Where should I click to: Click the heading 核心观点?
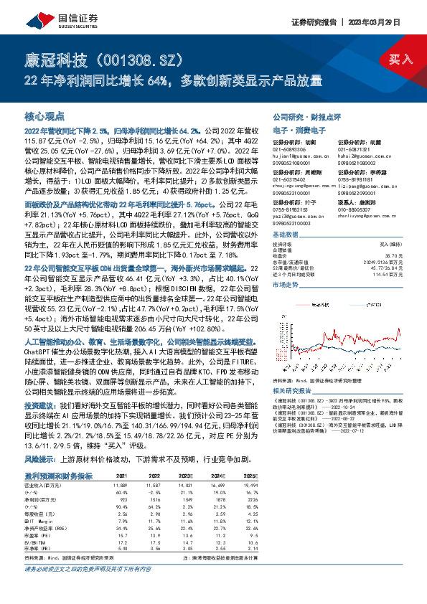(x=44, y=115)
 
